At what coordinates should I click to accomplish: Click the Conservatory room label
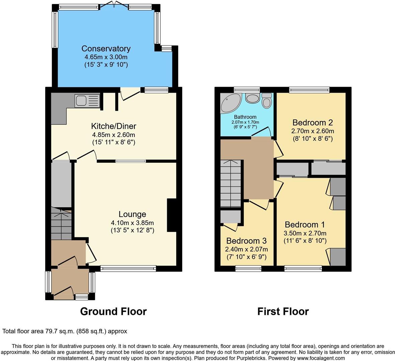[x=106, y=48]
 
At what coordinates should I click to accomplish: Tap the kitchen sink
[x=87, y=101]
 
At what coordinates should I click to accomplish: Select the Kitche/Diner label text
[x=114, y=126]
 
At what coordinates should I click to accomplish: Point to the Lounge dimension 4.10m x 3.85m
[x=132, y=223]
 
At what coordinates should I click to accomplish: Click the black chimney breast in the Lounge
[x=172, y=215]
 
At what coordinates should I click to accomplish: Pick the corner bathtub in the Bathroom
[x=230, y=102]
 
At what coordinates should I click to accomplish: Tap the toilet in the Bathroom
[x=267, y=101]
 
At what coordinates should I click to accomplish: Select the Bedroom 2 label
[x=313, y=122]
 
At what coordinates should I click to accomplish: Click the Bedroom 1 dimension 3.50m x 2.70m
[x=305, y=233]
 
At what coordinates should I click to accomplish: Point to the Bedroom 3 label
[x=246, y=241]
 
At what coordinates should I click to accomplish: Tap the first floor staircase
[x=231, y=183]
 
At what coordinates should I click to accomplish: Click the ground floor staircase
[x=61, y=224]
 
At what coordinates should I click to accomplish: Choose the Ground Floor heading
[x=113, y=312]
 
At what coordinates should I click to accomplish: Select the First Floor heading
[x=283, y=312]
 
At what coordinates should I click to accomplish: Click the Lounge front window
[x=128, y=269]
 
